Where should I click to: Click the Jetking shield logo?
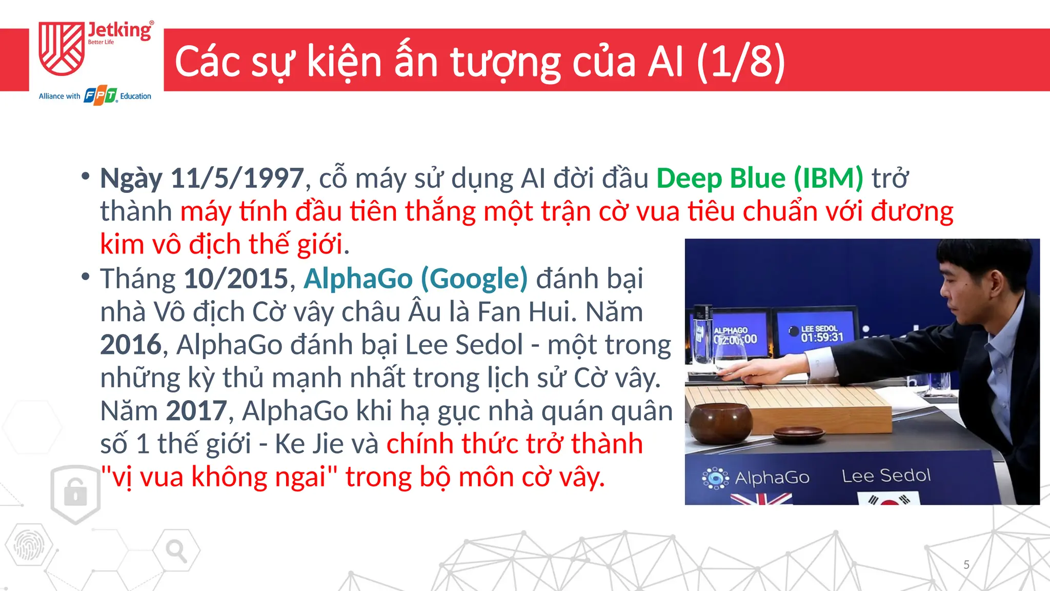pos(62,49)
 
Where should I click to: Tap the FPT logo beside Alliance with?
pos(100,96)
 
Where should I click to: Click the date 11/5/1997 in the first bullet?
pos(237,179)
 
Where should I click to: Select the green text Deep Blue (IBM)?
pos(760,179)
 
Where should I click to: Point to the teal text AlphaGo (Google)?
pos(415,279)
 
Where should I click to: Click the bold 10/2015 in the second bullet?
pos(236,279)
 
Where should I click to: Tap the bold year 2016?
pos(131,345)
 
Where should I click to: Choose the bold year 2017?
pos(196,411)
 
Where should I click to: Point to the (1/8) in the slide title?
pos(741,62)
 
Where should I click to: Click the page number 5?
pos(966,565)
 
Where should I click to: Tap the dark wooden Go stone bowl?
pos(720,423)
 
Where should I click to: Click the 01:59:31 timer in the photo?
pos(822,337)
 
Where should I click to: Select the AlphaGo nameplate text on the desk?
pos(772,478)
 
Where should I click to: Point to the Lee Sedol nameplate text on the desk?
pos(886,476)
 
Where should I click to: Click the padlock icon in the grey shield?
pos(75,492)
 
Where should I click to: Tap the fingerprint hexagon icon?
pos(28,545)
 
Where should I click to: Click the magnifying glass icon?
pos(176,551)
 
